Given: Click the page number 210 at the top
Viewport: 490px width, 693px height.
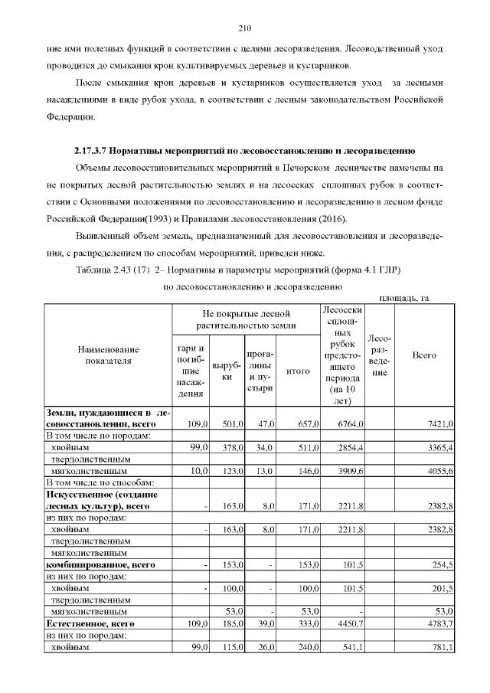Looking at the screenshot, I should pyautogui.click(x=245, y=29).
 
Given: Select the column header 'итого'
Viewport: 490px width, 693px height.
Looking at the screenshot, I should pyautogui.click(x=297, y=371).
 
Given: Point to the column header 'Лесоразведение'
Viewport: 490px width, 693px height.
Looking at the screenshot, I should pyautogui.click(x=380, y=355).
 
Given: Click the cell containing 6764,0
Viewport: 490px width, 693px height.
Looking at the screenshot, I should pyautogui.click(x=348, y=423).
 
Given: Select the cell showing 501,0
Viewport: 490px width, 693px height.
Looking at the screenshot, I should pyautogui.click(x=231, y=423).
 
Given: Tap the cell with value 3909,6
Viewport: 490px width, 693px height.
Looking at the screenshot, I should pyautogui.click(x=348, y=471).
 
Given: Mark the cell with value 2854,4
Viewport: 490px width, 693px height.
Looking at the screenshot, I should pyautogui.click(x=348, y=446).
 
